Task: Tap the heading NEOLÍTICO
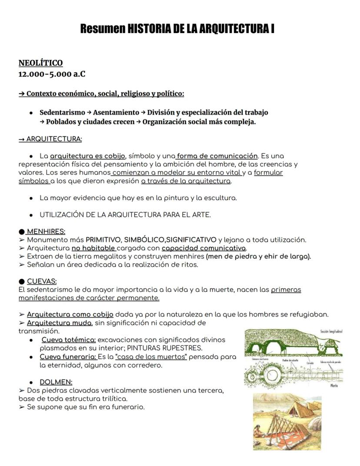tap(40, 63)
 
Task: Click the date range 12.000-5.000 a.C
tap(52, 74)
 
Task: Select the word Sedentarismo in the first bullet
tap(62, 112)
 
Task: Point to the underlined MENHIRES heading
tap(46, 231)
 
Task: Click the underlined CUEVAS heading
tap(42, 282)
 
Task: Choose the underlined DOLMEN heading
tap(56, 382)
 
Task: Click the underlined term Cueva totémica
tap(69, 340)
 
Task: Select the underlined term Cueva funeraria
tap(68, 357)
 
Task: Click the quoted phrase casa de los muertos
tap(151, 357)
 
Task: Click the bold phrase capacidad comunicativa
tap(204, 248)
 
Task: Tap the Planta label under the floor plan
tap(334, 386)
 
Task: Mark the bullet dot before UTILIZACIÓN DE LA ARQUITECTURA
tap(31, 215)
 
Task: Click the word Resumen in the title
tap(102, 29)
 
